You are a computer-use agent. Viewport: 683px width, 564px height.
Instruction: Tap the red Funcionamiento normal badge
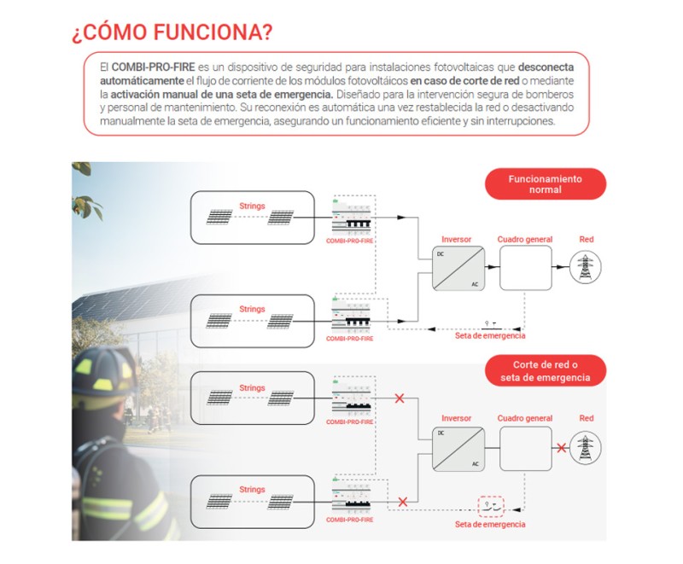[545, 184]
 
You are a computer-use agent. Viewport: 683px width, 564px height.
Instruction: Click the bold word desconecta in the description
[546, 67]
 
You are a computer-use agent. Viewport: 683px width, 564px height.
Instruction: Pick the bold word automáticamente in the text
[137, 80]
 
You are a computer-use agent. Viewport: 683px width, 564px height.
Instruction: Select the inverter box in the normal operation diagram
[456, 269]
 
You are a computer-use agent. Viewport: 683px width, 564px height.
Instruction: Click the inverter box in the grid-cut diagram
[456, 449]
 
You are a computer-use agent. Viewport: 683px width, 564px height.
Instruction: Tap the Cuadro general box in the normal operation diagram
[525, 269]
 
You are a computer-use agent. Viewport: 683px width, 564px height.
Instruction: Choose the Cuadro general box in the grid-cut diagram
[525, 449]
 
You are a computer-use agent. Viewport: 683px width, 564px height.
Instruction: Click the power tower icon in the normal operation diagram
[586, 268]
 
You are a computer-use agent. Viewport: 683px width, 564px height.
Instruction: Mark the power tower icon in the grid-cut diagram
[586, 448]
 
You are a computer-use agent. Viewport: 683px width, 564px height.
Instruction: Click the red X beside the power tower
[561, 448]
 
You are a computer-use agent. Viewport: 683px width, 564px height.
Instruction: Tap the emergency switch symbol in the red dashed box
[491, 505]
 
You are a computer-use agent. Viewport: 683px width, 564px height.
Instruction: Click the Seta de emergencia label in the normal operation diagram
[490, 336]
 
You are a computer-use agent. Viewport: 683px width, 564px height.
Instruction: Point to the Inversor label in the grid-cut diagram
[456, 419]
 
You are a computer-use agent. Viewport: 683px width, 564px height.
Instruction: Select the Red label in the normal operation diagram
[586, 240]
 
